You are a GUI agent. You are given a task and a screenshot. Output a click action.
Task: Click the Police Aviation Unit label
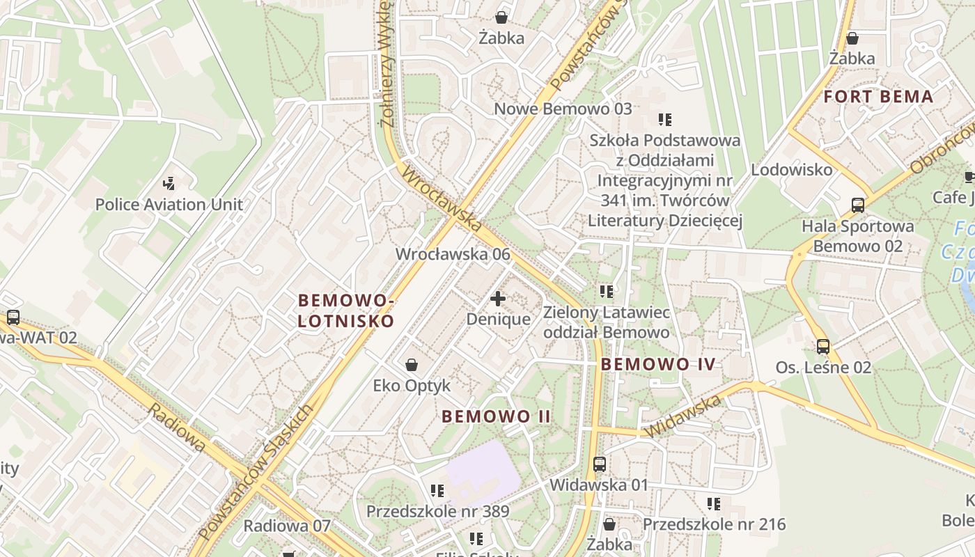coord(169,205)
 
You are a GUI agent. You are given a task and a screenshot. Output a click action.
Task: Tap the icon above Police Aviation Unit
coord(169,184)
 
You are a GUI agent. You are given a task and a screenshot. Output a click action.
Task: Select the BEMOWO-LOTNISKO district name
coord(346,311)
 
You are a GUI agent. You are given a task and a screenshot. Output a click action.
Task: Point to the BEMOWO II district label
coord(497,416)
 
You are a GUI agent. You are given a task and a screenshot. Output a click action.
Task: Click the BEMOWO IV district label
coord(658,363)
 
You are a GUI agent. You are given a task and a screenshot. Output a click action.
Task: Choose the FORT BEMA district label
coord(878,97)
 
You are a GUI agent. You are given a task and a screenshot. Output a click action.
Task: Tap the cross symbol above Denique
coord(498,299)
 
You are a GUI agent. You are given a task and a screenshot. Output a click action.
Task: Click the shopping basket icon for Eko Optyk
coord(412,365)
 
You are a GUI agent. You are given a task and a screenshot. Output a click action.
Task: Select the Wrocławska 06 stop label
coord(453,254)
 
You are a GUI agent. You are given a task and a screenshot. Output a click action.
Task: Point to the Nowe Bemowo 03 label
coord(563,109)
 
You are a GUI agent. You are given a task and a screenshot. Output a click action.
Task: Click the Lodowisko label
coord(791,170)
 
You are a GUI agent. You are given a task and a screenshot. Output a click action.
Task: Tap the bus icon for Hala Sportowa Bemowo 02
coord(858,205)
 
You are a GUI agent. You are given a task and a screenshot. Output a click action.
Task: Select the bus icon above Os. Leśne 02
coord(823,347)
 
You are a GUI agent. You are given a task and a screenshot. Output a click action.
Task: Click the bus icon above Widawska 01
coord(599,464)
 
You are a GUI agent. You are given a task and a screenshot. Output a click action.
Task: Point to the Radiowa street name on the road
coord(177,427)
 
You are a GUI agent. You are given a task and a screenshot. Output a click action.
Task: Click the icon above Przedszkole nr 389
coord(437,491)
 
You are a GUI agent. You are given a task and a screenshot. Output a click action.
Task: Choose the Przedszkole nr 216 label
coord(714,524)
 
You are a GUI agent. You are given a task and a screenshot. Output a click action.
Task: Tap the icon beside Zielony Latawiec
coord(606,291)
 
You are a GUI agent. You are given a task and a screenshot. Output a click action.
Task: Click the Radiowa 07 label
coord(286,526)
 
